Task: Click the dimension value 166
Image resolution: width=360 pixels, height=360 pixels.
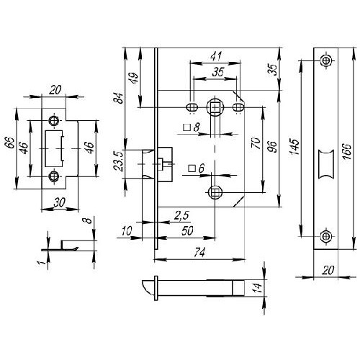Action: (x=347, y=151)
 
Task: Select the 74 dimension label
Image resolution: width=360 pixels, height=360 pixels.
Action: (x=199, y=253)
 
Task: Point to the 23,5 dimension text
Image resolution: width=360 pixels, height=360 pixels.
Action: (x=119, y=161)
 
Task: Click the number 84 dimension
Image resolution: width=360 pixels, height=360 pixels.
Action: (x=119, y=98)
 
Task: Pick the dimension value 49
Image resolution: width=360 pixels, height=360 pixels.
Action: (x=134, y=78)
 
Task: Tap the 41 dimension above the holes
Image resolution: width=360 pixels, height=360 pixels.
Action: (x=216, y=56)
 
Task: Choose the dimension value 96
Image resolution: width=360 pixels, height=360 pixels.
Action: (x=272, y=147)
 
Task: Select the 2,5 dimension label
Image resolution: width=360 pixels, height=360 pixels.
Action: (x=181, y=215)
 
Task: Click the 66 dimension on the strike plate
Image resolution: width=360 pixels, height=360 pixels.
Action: (x=9, y=143)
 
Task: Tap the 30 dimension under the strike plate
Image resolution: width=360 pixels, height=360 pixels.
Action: (x=59, y=203)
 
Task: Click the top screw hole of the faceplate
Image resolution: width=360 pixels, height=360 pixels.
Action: (x=325, y=60)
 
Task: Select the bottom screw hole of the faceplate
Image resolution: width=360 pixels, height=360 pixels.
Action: (x=325, y=236)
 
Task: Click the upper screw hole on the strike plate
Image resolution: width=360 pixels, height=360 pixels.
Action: (x=53, y=121)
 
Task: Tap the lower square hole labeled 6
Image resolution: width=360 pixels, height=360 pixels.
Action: (x=215, y=192)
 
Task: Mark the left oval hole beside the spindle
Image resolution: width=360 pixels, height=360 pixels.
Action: (x=192, y=107)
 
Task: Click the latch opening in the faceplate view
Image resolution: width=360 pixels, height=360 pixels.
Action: (x=326, y=164)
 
